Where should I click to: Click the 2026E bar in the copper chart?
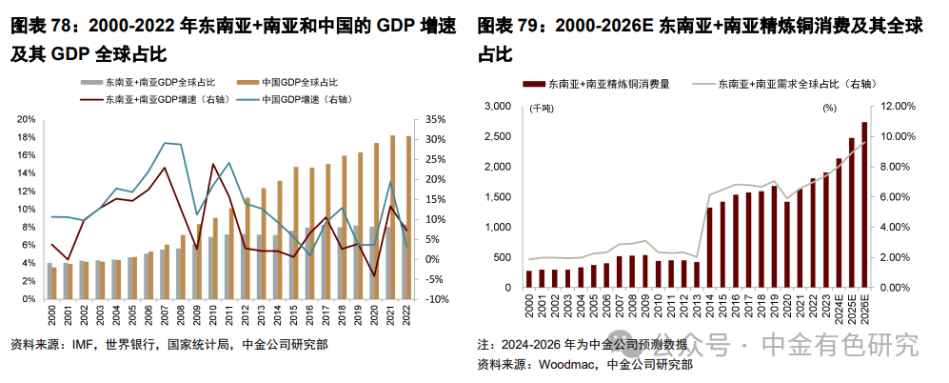click(864, 205)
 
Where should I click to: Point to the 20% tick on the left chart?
click(28, 120)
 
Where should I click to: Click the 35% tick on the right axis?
click(431, 120)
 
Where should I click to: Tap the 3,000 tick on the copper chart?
click(499, 107)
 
